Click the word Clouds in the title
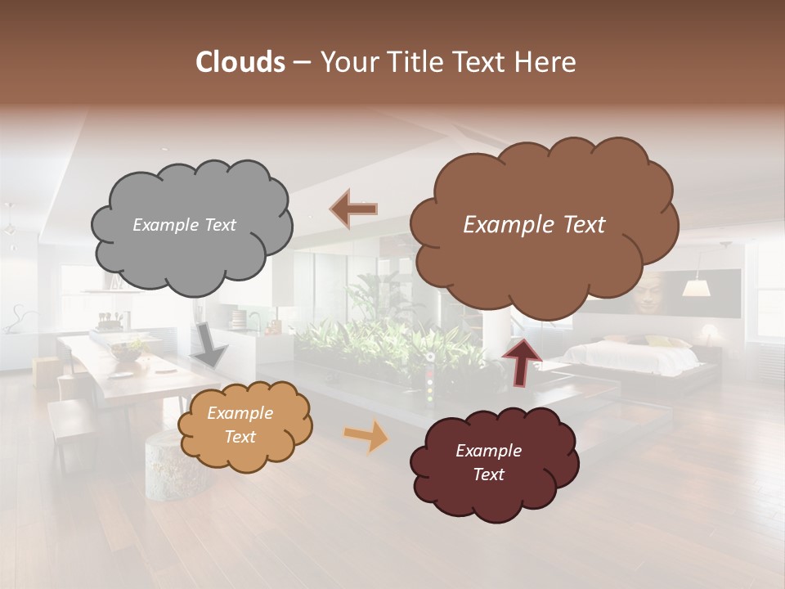[240, 62]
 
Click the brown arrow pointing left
[353, 209]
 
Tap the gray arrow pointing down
[209, 346]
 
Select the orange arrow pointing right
[366, 435]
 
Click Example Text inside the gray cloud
[184, 225]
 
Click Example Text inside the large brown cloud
[534, 225]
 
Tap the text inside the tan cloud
[240, 425]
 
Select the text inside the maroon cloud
[488, 462]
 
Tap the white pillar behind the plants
[496, 334]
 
